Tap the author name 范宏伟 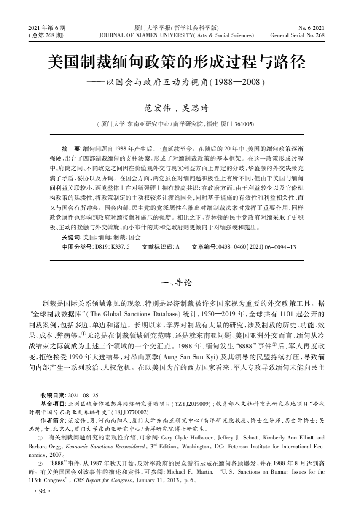point(158,108)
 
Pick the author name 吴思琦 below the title point(195,108)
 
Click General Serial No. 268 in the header point(297,35)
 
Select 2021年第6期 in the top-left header point(47,28)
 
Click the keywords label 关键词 point(72,237)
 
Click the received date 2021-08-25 point(83,395)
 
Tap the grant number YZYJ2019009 point(191,404)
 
